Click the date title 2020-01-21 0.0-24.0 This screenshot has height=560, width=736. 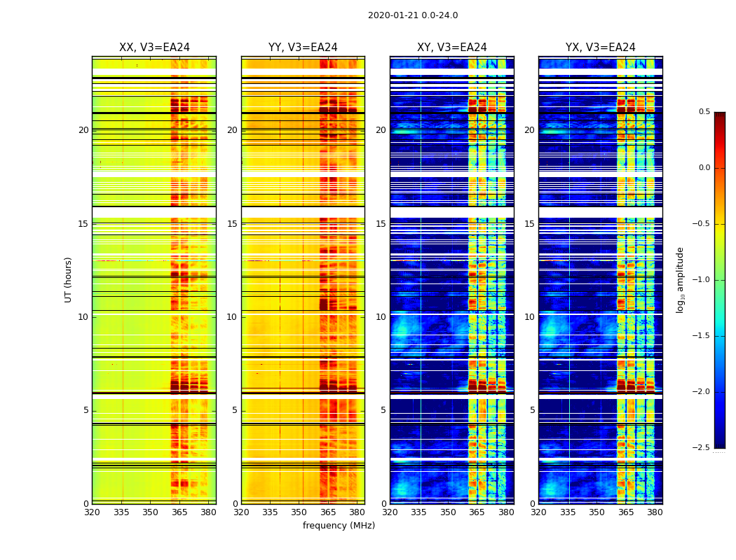coord(412,15)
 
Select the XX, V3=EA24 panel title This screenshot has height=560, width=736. coord(154,48)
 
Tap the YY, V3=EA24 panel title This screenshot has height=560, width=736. coord(303,48)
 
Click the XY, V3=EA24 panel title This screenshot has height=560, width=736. coord(451,48)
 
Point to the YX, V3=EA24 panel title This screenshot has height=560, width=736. coord(600,48)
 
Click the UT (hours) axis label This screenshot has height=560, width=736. coord(69,279)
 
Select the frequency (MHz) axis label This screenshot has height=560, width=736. coord(339,526)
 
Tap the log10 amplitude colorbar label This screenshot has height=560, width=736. coord(680,279)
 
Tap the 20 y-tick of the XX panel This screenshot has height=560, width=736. coord(83,130)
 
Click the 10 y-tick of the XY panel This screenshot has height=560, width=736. coord(381,317)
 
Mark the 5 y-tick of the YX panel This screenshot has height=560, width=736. coord(532,410)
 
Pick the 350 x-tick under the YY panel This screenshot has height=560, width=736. coord(299,512)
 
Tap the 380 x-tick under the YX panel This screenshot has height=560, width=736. coord(655,512)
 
